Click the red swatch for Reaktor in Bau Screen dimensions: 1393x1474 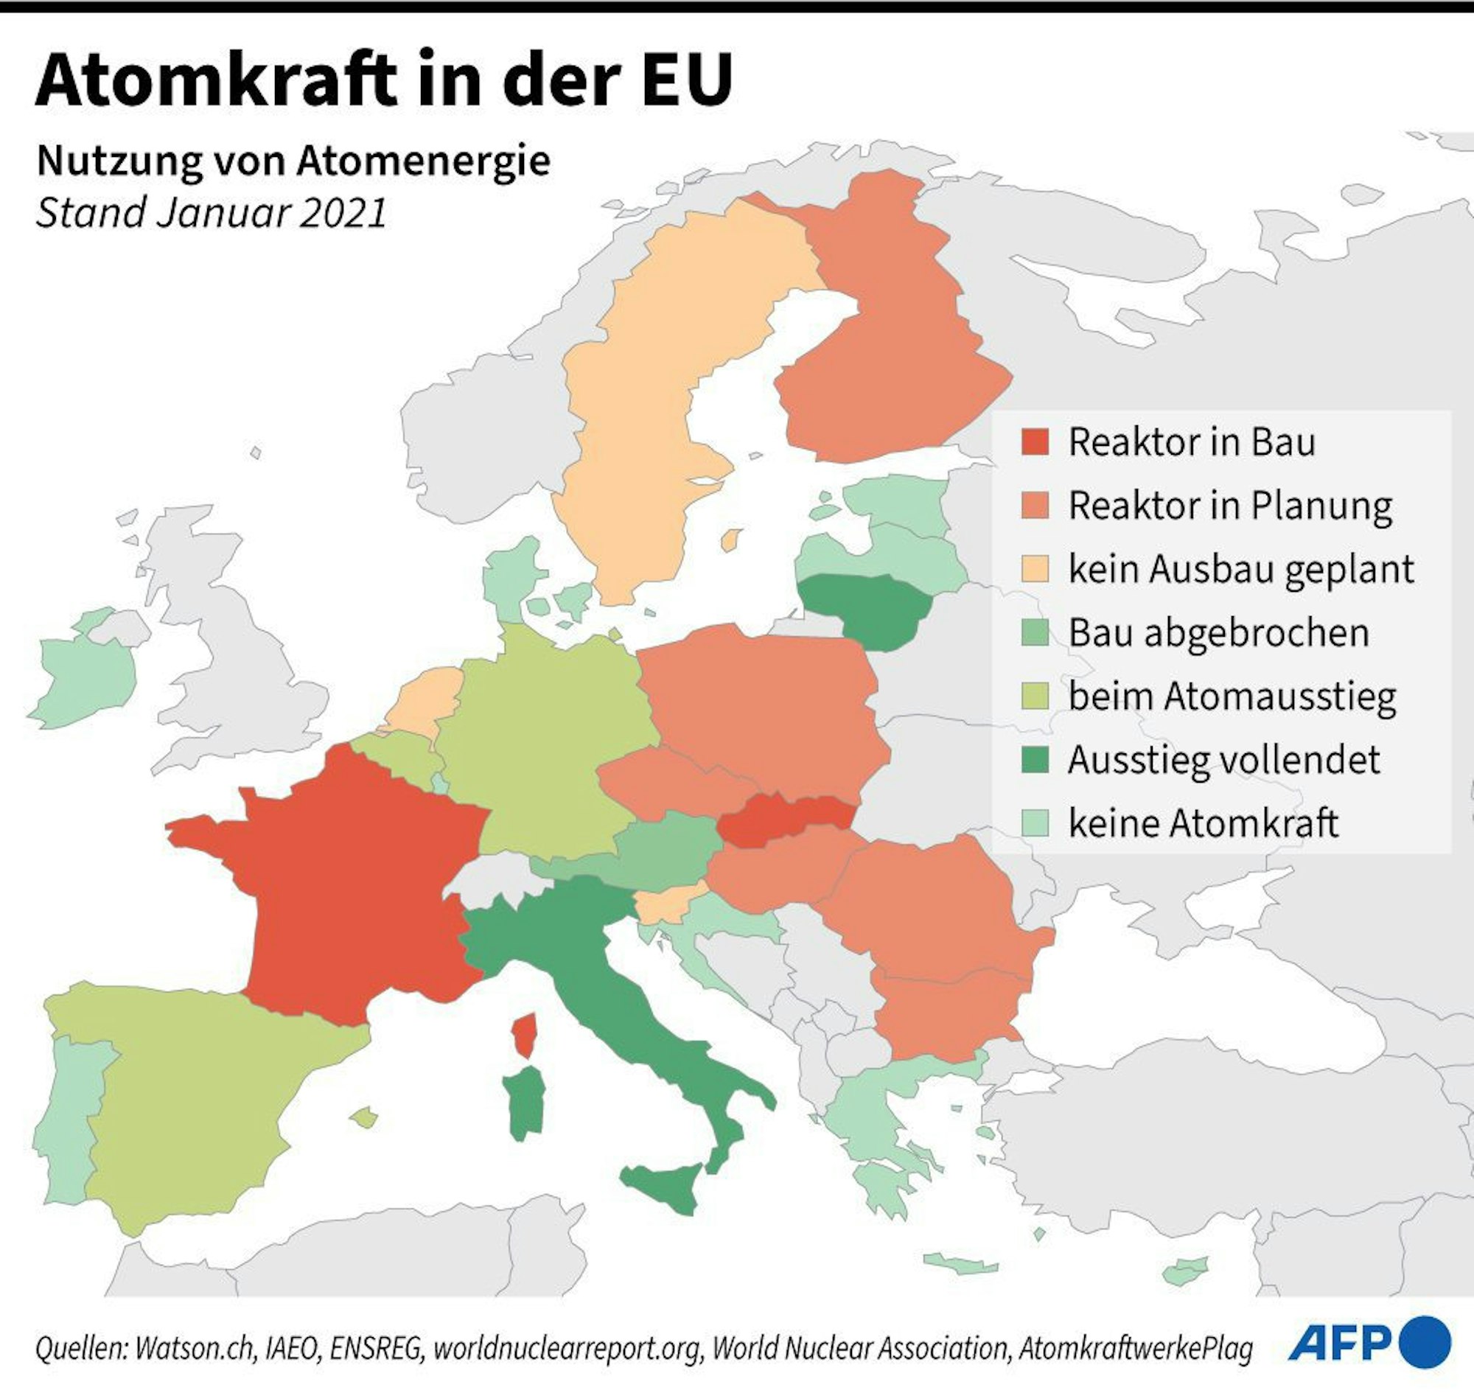point(1035,441)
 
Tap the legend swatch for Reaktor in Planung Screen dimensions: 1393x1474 point(1035,506)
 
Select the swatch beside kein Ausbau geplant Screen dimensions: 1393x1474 point(1035,569)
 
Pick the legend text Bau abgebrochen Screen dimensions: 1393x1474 point(1218,632)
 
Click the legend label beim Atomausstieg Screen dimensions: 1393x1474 point(1232,696)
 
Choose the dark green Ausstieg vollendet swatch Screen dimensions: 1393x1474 point(1035,760)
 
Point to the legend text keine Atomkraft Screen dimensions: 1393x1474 point(1203,823)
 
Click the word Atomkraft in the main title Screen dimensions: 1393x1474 point(215,80)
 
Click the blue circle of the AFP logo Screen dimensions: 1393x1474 point(1424,1341)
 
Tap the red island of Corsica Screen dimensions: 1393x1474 point(525,1035)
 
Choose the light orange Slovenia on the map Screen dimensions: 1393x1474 point(663,905)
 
